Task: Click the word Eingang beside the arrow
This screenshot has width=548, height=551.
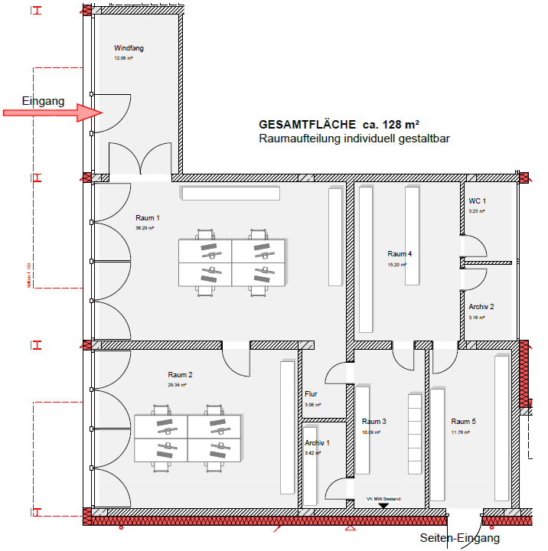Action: (43, 100)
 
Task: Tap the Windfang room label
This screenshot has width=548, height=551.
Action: (129, 48)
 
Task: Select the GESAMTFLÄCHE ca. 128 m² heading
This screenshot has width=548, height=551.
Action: (341, 124)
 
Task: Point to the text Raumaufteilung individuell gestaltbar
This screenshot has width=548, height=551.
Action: (354, 139)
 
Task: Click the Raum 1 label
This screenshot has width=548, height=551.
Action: (148, 218)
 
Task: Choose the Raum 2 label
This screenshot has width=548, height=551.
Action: (180, 375)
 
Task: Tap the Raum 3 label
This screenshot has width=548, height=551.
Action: (374, 422)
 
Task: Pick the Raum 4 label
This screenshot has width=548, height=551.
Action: (400, 254)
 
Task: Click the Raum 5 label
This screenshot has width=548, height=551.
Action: (463, 422)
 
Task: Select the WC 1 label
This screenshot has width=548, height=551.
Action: (478, 201)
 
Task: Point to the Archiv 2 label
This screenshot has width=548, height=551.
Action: (481, 306)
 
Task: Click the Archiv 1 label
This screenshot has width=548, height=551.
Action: (317, 443)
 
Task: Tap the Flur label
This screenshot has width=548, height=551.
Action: (312, 395)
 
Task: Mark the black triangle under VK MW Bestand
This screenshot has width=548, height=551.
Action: (384, 505)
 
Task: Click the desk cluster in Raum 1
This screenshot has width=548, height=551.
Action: (231, 262)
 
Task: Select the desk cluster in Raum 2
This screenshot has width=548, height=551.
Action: (188, 438)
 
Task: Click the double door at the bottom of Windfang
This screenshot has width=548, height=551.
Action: (139, 159)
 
